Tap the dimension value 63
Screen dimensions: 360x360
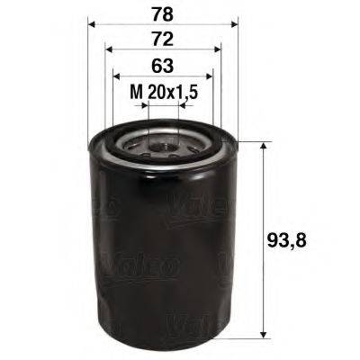[163, 66]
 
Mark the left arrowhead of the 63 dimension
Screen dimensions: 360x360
[116, 77]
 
